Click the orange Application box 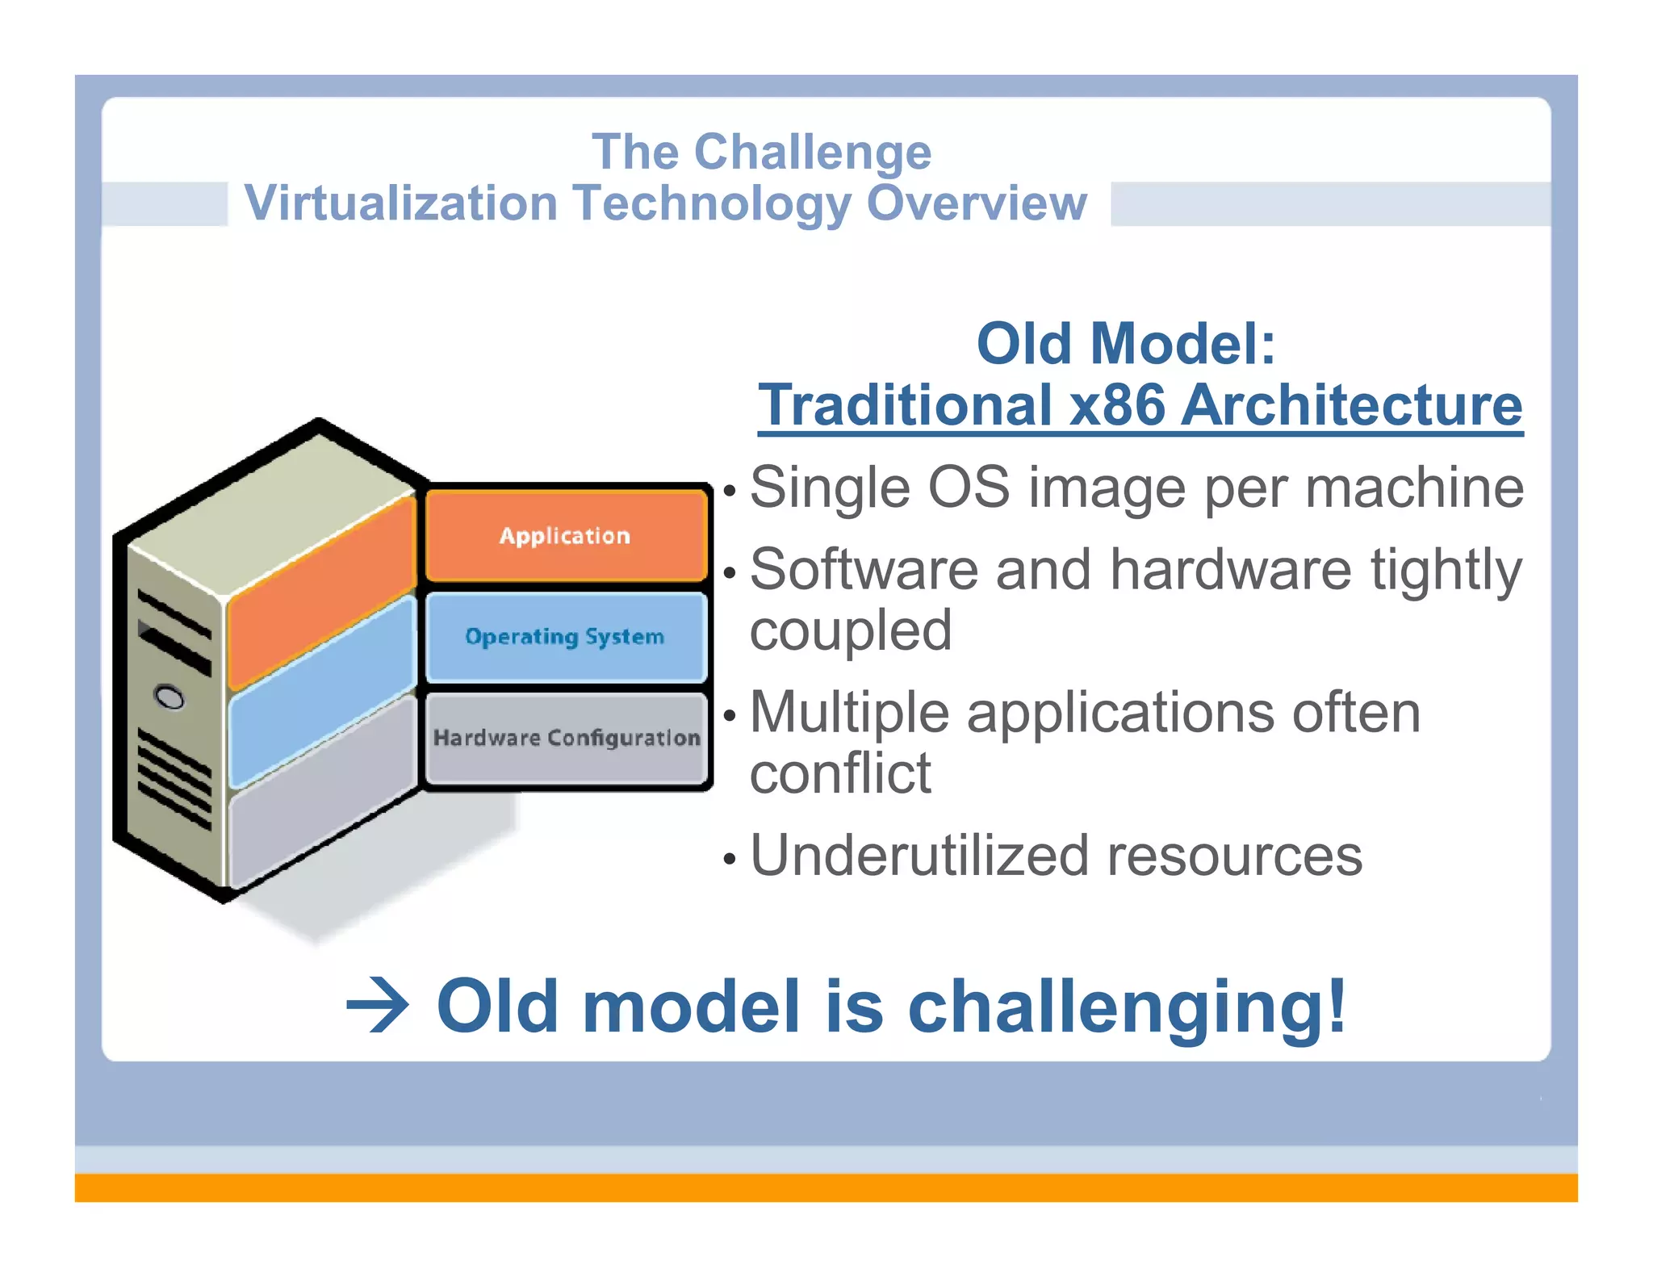point(565,535)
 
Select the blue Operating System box point(565,636)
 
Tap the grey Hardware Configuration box point(565,737)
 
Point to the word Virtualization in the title point(401,203)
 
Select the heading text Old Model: point(1126,344)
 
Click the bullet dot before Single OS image point(730,491)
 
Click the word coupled point(851,630)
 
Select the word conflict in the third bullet point(840,773)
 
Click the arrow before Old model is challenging point(378,1006)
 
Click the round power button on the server point(169,697)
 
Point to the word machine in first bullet point(1414,488)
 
